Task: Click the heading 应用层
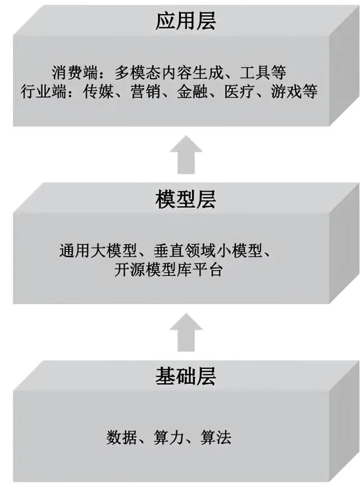pos(186,21)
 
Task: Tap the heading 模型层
pos(186,199)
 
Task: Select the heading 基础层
pos(186,376)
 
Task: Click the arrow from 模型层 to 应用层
pos(186,155)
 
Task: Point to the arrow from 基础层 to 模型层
pos(186,332)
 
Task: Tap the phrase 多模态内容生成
pos(169,73)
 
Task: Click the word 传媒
pos(98,92)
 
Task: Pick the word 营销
pos(145,92)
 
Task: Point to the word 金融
pos(192,92)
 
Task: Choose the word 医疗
pos(239,92)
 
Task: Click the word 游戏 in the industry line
pos(286,92)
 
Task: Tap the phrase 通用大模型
pos(98,251)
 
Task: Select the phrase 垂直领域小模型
pos(208,251)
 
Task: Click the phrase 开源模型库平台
pos(168,270)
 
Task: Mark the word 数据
pos(121,437)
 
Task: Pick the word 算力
pos(169,437)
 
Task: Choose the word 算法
pos(216,437)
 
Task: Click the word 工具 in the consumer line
pos(255,73)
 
